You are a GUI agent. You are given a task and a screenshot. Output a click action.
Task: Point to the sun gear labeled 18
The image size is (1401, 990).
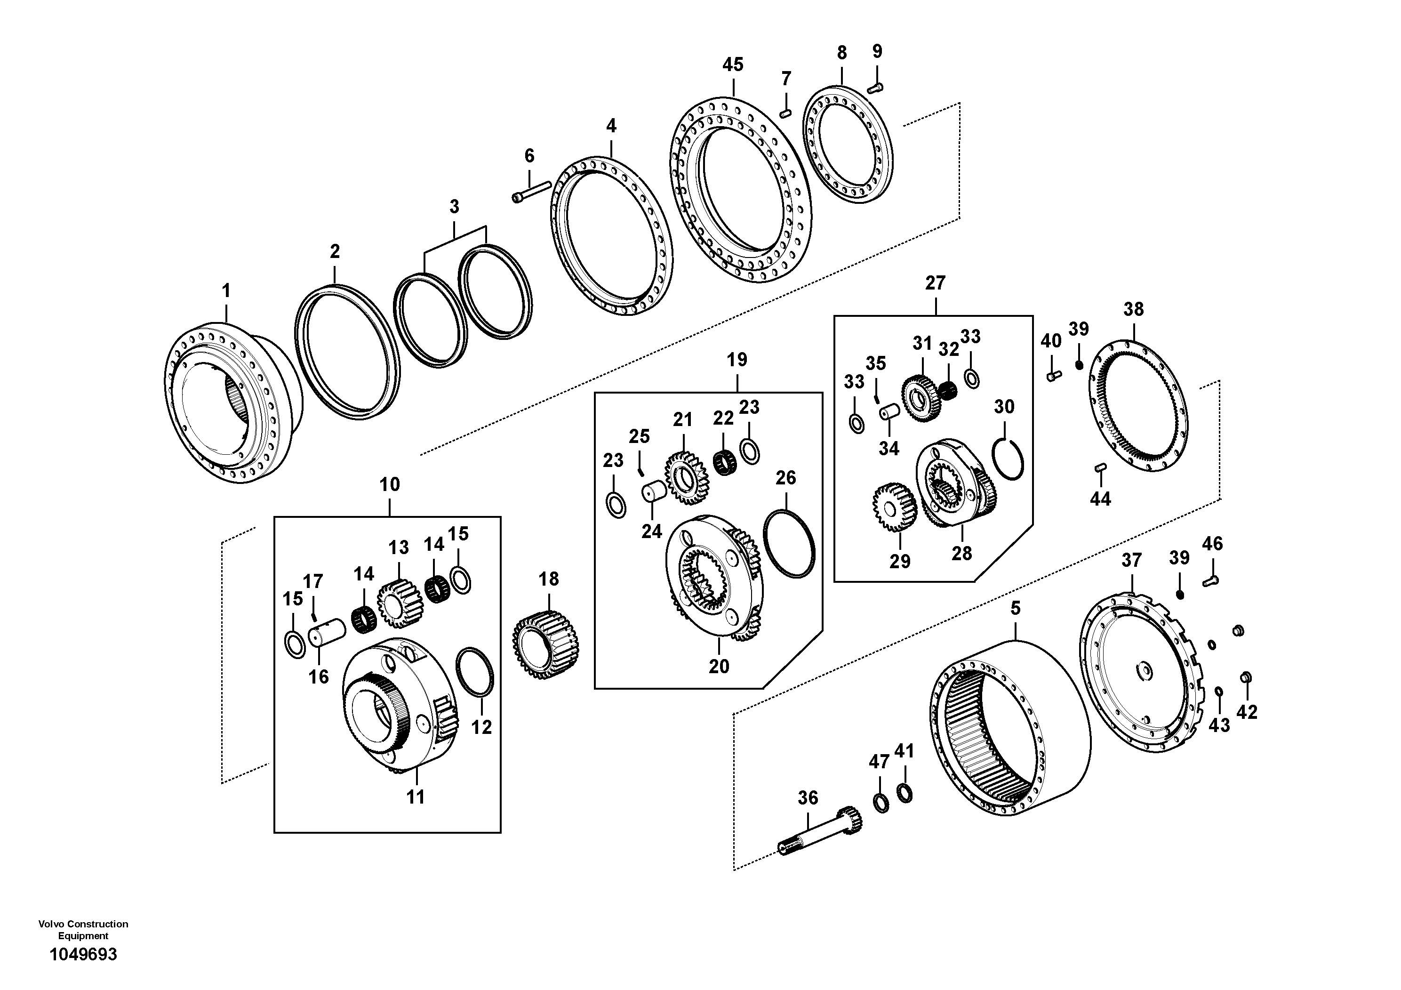(x=545, y=646)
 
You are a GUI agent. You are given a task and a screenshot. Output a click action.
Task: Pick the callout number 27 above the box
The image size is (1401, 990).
(x=935, y=283)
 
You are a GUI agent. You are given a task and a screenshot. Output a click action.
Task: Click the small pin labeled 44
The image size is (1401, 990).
(x=1100, y=468)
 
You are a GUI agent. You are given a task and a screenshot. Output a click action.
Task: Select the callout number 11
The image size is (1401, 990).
(x=416, y=797)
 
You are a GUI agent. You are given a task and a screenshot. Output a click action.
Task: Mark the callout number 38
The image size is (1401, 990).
(x=1133, y=309)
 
